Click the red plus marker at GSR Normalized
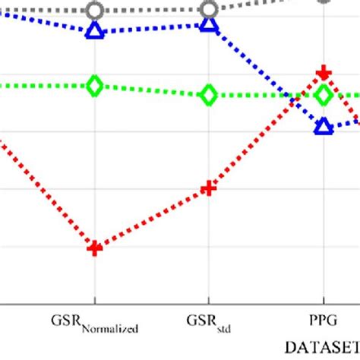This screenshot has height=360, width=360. [95, 248]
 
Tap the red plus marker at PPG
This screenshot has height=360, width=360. [324, 73]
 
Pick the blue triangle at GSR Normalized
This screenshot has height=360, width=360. [95, 31]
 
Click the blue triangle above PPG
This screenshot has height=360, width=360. [324, 126]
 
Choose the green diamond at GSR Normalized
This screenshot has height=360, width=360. [95, 86]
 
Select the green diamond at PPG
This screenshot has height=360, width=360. [324, 96]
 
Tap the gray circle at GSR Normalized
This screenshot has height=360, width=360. [95, 11]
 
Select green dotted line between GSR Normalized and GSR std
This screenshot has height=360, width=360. [152, 90]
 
